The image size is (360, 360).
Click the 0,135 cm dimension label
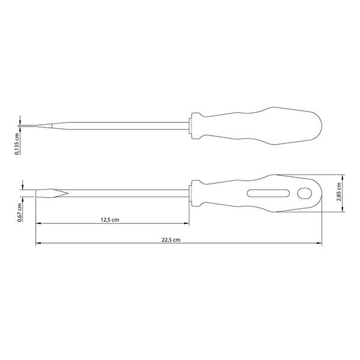tap(17, 144)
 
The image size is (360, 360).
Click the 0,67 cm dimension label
tap(20, 212)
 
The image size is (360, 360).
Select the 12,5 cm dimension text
tap(110, 220)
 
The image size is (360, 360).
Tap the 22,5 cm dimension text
tap(171, 240)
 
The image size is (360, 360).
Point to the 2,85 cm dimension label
tap(338, 192)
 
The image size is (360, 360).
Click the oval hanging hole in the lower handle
tap(305, 193)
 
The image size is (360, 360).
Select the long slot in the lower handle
tap(268, 193)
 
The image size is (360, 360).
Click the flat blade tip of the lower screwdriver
tap(36, 193)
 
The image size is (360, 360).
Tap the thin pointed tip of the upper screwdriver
tap(36, 126)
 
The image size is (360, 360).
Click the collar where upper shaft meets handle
tap(190, 125)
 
